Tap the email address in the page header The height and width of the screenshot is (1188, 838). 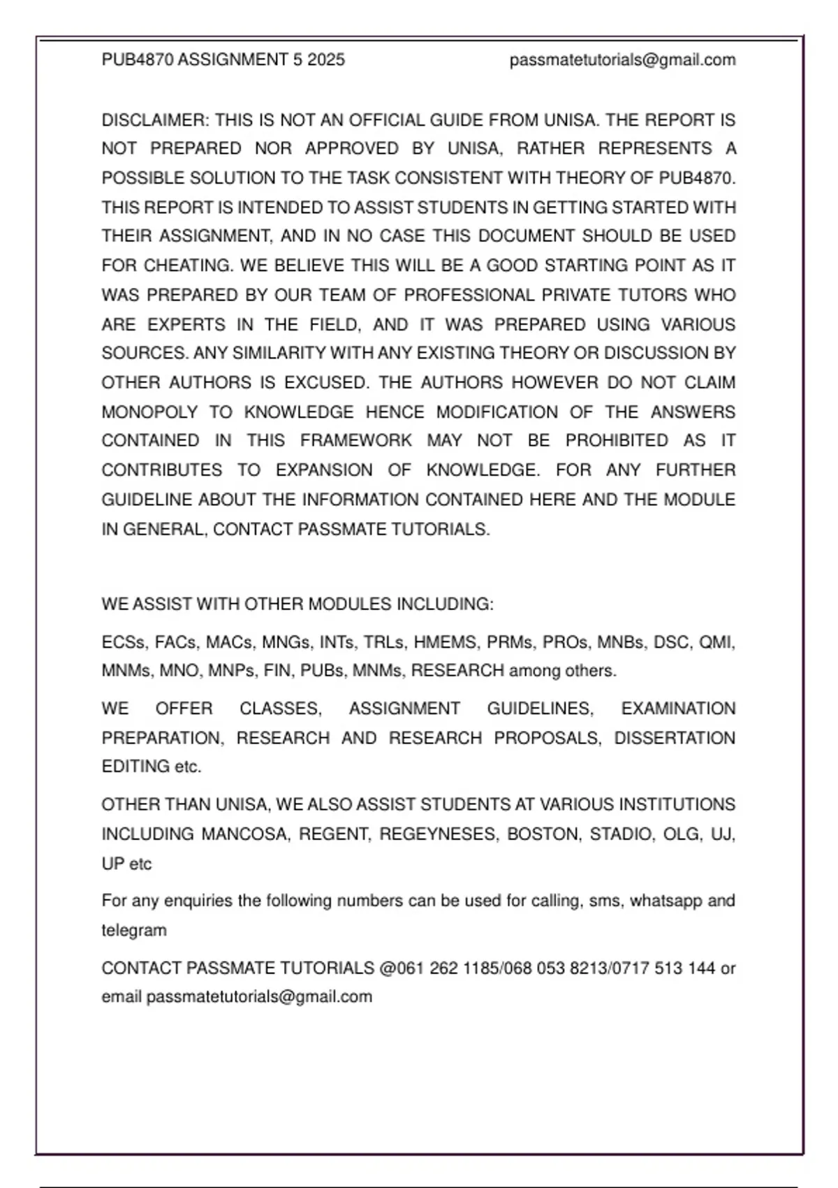622,60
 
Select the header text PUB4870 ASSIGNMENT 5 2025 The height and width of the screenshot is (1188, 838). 223,60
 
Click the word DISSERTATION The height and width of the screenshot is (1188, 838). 674,739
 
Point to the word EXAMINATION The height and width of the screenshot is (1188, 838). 678,709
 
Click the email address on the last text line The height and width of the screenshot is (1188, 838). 259,997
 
